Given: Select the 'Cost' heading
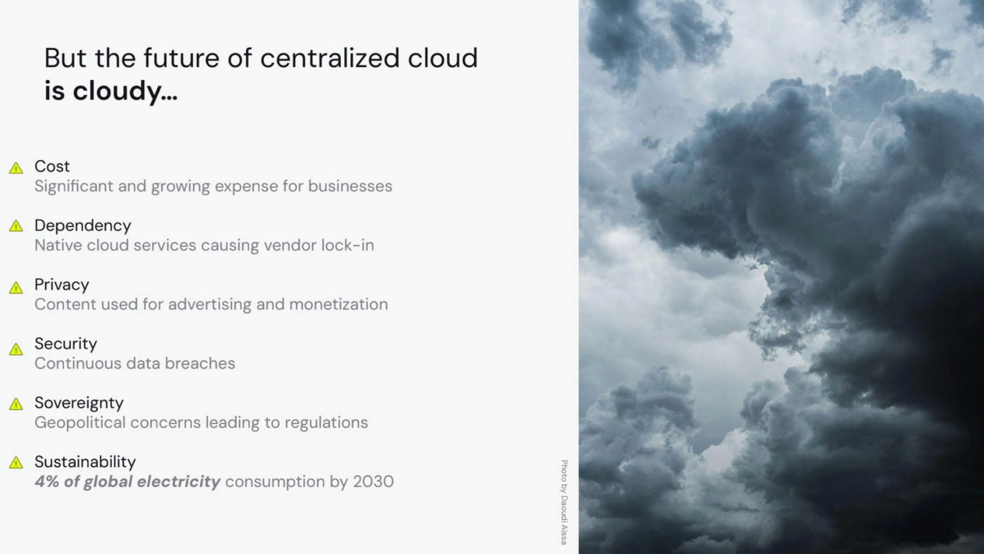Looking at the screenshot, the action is [x=52, y=166].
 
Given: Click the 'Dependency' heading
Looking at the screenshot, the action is [x=83, y=226].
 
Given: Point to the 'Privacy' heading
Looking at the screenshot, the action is [x=62, y=285].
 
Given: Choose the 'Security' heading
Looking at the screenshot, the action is [x=66, y=344].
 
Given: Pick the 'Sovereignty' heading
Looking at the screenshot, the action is [x=79, y=403].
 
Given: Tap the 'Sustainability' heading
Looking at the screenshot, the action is [x=86, y=461].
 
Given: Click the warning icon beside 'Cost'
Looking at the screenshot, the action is [x=16, y=168].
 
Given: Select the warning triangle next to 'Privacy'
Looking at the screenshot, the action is [x=16, y=288].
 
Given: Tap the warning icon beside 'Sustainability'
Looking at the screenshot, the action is [x=16, y=462].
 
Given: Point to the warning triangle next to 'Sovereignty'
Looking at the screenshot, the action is [x=16, y=403].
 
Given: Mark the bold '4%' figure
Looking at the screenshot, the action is [x=47, y=481].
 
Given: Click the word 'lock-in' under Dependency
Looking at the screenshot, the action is [x=347, y=245].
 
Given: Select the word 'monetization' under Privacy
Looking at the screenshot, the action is [x=339, y=305].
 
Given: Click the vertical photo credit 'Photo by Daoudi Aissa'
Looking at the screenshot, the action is [x=564, y=502].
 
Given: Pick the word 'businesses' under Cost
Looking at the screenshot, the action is [x=350, y=186].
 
